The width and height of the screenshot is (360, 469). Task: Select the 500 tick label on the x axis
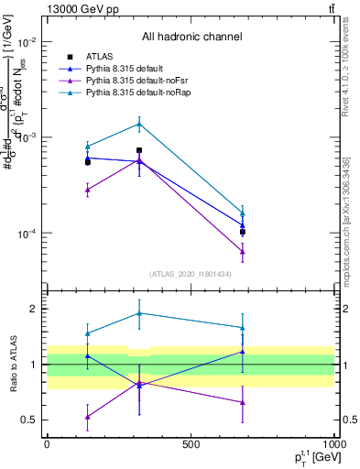(191, 445)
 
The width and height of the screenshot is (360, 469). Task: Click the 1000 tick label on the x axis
(333, 445)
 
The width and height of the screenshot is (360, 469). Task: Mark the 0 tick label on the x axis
(47, 445)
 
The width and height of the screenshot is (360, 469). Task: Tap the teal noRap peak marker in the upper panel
(139, 124)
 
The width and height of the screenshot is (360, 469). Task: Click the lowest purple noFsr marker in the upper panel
(243, 251)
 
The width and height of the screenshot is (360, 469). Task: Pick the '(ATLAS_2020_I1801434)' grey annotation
(191, 274)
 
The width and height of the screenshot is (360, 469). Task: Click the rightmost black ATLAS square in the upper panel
(243, 232)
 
